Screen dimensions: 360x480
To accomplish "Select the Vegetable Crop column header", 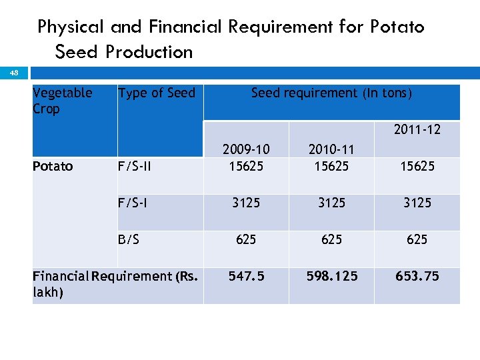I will coord(62,101).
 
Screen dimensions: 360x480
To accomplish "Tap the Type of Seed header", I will coord(157,93).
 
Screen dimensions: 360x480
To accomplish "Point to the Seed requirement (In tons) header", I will coord(331,93).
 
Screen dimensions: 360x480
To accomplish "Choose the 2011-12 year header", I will coord(417,129).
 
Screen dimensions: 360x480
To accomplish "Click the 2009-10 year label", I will coord(246,149).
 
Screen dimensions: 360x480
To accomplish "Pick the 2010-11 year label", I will coord(331,149).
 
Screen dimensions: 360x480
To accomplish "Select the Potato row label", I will coord(53,166).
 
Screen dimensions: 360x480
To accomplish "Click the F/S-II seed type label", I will coord(135,166).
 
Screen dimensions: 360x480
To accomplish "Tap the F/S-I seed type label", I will coord(133,203).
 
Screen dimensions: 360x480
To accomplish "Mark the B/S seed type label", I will coord(129,239).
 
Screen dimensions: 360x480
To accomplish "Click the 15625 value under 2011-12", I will coord(417,166).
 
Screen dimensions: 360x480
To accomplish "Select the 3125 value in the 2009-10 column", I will coord(246,203).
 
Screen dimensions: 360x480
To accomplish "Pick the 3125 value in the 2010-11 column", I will coord(331,203).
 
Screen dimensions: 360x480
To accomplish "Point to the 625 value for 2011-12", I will coord(417,239).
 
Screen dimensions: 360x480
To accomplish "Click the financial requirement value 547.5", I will coord(246,276).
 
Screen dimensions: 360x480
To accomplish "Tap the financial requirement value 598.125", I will coord(331,276).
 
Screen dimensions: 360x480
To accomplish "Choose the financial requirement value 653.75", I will coord(417,276).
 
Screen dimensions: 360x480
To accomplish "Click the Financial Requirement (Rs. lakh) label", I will coord(115,284).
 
